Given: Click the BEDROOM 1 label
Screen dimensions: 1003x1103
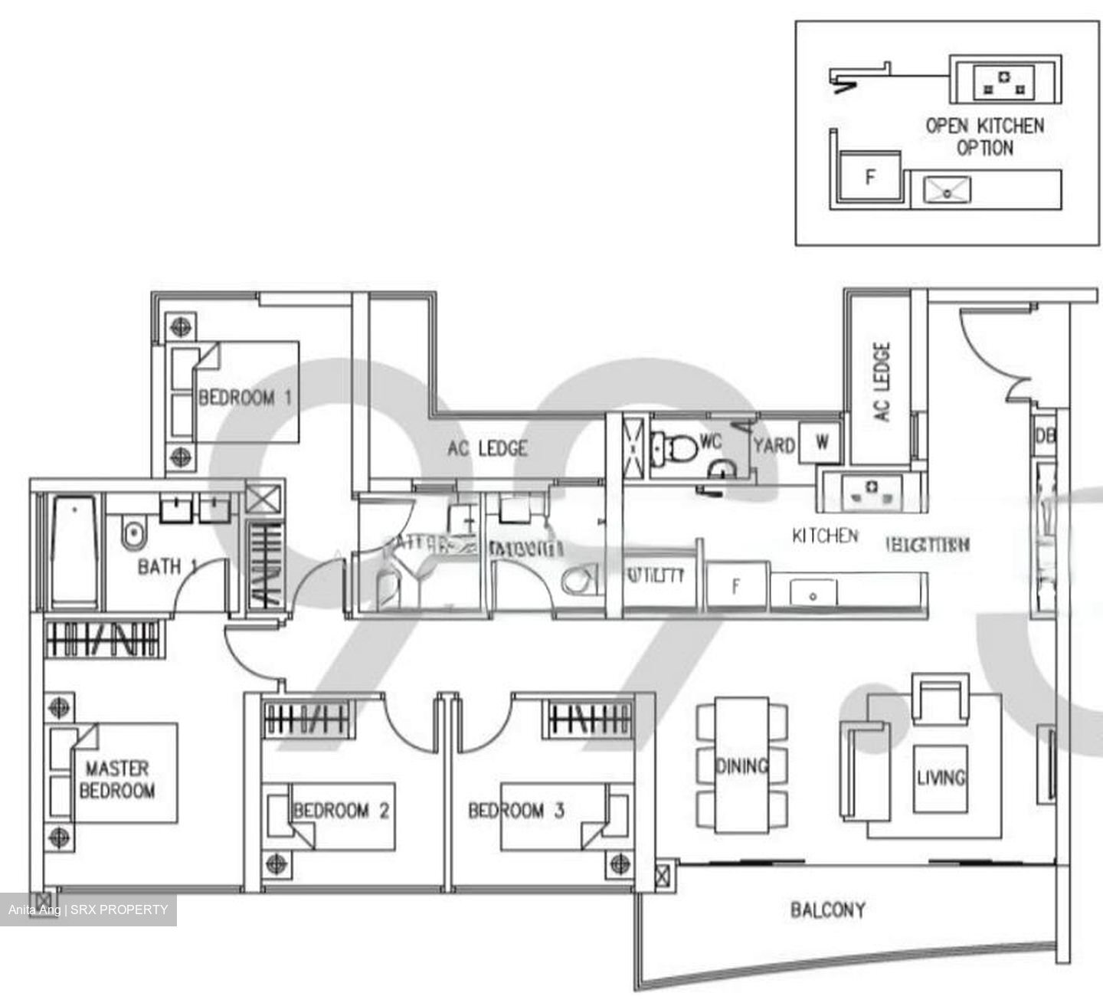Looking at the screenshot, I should click(x=245, y=398).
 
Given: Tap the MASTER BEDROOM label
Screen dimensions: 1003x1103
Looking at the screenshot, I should click(x=117, y=779).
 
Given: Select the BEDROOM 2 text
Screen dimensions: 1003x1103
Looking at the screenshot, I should click(x=341, y=810).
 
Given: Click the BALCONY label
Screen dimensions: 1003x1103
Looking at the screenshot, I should click(x=828, y=910).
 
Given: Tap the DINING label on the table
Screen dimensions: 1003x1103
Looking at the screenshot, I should click(x=741, y=765).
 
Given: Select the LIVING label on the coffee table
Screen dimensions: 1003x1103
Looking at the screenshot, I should click(x=941, y=778).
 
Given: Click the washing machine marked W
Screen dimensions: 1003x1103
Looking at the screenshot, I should click(x=820, y=443).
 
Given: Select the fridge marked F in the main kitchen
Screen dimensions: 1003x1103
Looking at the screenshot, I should click(x=736, y=587).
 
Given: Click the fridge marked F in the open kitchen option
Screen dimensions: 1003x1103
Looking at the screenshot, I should click(x=869, y=178).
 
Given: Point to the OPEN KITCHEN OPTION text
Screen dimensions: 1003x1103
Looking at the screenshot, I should click(x=984, y=136).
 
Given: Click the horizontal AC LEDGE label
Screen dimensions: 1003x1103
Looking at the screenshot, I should click(x=488, y=448).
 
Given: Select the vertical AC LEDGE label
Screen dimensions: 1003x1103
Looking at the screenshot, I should click(x=882, y=382).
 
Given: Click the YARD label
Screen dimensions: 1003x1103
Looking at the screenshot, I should click(x=774, y=445).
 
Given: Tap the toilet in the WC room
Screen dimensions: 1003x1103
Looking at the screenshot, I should click(x=672, y=446).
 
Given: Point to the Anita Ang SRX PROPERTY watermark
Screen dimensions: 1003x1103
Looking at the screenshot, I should click(x=88, y=910).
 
